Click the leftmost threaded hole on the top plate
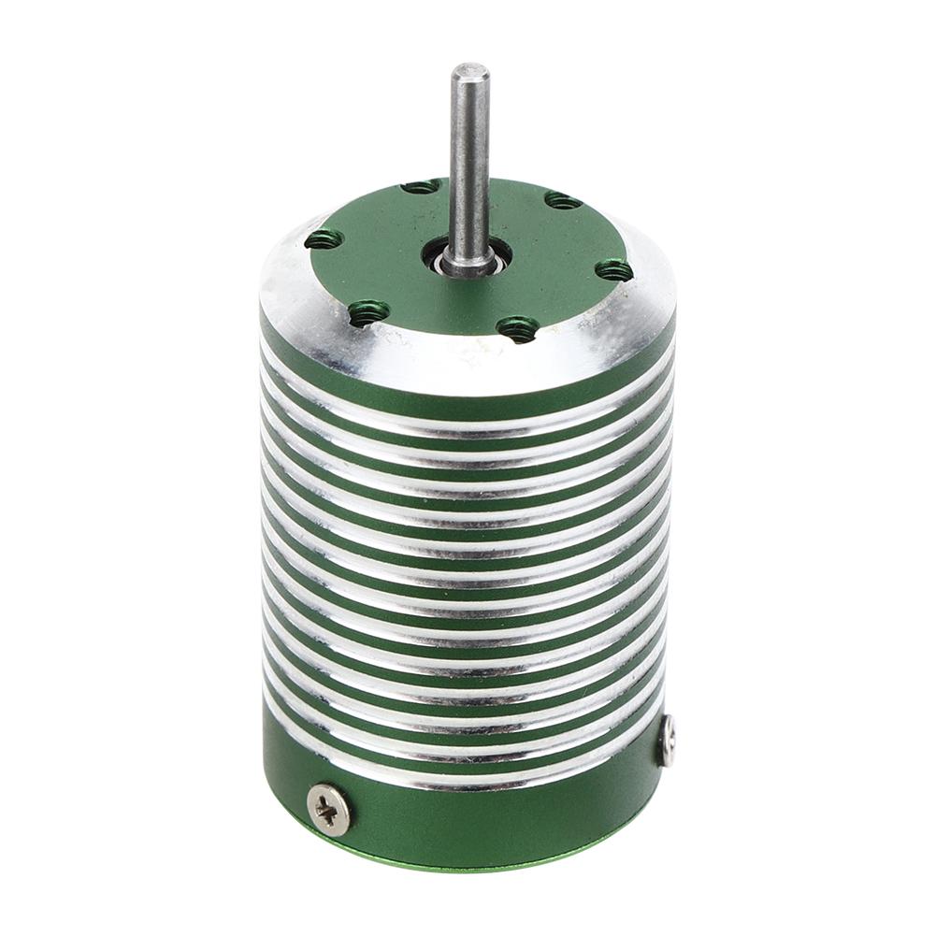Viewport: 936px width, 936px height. point(323,240)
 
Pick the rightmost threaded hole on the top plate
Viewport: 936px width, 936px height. point(614,271)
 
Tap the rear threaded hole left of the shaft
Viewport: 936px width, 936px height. point(420,187)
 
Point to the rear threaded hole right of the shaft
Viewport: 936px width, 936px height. point(561,199)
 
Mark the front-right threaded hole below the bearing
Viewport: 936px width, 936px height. point(518,327)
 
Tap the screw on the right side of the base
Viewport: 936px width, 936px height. point(668,741)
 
